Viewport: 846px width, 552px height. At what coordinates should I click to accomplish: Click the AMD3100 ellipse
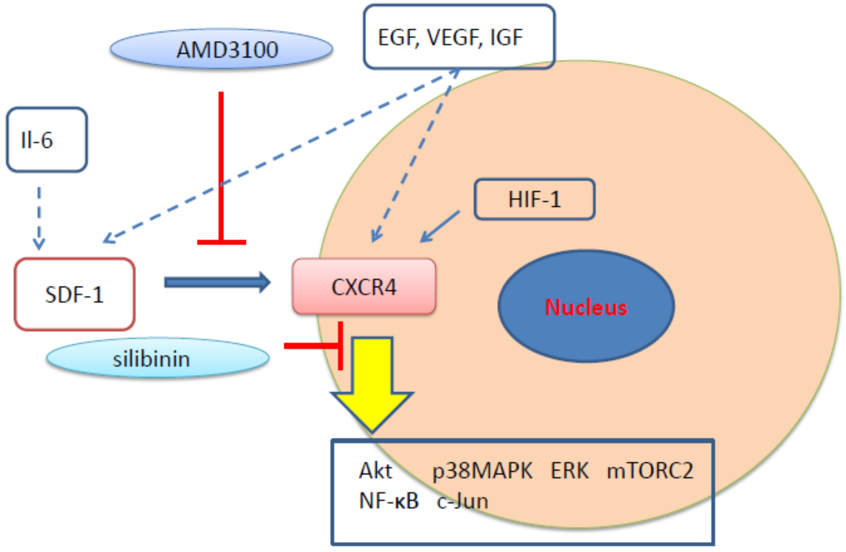coord(221,49)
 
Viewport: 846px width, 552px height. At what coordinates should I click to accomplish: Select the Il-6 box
coord(47,140)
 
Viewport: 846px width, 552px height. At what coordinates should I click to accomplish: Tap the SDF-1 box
coord(75,294)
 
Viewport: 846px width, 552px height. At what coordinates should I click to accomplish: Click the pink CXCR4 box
coord(364,287)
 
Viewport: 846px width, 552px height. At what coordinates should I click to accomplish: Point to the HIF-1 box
coord(534,199)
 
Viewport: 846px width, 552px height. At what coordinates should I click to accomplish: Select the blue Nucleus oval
coord(586,306)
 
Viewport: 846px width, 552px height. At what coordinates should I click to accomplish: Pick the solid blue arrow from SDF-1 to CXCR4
coord(217,282)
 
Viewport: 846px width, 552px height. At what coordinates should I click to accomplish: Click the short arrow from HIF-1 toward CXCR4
coord(440,226)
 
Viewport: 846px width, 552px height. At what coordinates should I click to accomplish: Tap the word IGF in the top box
coord(506,38)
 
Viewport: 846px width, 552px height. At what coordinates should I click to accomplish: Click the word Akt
coord(375,471)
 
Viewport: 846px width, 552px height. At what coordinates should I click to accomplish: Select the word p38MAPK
coord(482,471)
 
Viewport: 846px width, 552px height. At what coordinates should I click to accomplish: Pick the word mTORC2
coord(650,471)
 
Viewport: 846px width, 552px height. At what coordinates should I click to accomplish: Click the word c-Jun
coord(462,501)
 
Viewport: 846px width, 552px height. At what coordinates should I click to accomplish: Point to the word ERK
coord(569,471)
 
